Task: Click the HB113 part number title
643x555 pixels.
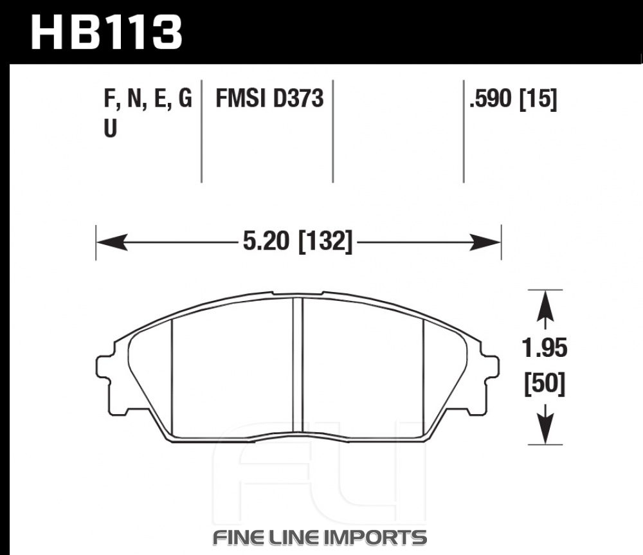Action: click(x=106, y=32)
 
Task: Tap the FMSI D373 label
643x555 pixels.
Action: click(x=269, y=99)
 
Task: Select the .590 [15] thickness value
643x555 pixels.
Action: click(x=513, y=99)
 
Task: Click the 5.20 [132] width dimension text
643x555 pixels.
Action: click(x=298, y=241)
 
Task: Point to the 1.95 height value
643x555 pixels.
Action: click(x=545, y=349)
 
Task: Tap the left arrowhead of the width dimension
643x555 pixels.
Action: click(x=111, y=242)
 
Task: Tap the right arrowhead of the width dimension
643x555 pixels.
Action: click(x=485, y=242)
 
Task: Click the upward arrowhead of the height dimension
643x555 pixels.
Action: click(x=545, y=306)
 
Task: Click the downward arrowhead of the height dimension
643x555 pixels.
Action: click(x=545, y=429)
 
